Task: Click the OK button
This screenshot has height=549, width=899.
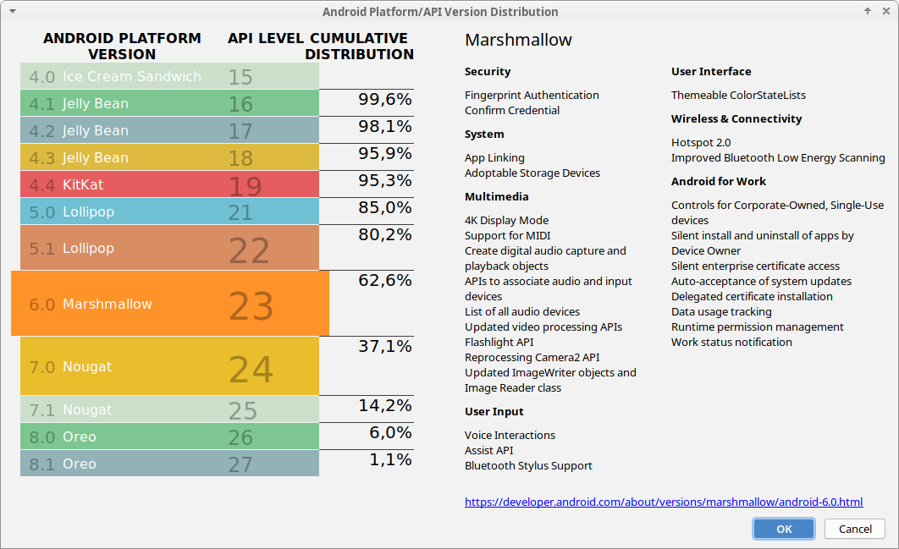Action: (784, 529)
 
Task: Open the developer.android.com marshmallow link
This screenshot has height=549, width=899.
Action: (664, 502)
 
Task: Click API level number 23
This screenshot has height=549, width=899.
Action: (251, 306)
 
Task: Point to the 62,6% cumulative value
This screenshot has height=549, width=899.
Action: (384, 280)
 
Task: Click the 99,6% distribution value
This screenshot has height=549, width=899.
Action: (384, 99)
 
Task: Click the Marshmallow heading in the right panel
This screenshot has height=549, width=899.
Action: (518, 40)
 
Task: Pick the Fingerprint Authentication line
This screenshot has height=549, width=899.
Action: (532, 95)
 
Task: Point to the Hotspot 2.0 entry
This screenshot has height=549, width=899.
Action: (700, 142)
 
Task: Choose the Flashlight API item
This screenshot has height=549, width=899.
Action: (499, 342)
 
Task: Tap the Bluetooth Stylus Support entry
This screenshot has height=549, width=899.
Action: (528, 465)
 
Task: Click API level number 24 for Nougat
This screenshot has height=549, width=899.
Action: (251, 369)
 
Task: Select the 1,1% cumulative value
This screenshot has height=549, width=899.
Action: (390, 459)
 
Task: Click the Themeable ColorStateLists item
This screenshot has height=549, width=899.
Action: (738, 95)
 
